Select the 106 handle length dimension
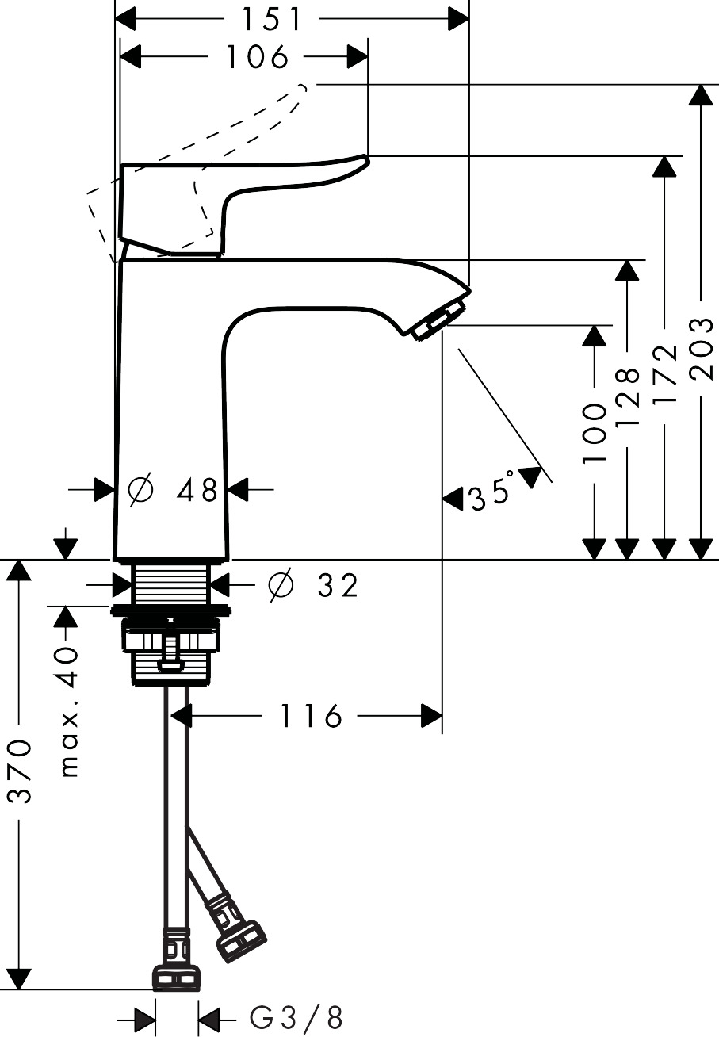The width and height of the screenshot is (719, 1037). pyautogui.click(x=255, y=57)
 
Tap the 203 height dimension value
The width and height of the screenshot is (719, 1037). pyautogui.click(x=701, y=348)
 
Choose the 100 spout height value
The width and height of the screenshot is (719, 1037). pyautogui.click(x=594, y=432)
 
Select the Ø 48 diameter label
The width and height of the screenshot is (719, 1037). pyautogui.click(x=174, y=491)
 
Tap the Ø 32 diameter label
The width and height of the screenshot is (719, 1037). pyautogui.click(x=313, y=585)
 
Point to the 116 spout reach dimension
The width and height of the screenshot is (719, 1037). pyautogui.click(x=310, y=717)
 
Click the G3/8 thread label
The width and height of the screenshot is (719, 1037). pyautogui.click(x=296, y=1017)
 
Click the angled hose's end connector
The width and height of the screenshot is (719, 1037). pyautogui.click(x=242, y=939)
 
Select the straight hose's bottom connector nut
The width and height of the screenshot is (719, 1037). pyautogui.click(x=177, y=978)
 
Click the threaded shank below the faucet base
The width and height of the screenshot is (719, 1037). pyautogui.click(x=171, y=584)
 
